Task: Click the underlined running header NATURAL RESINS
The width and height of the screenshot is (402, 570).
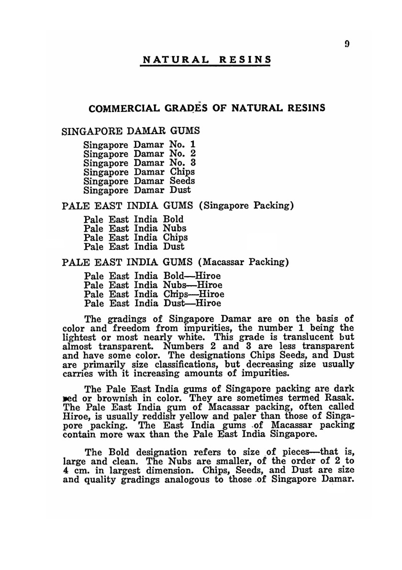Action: (x=207, y=60)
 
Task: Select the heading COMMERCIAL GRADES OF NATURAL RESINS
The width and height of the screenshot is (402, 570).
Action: (x=207, y=108)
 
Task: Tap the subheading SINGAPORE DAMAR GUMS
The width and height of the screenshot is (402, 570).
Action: (x=131, y=131)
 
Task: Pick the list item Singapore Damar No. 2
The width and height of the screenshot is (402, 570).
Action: (x=139, y=153)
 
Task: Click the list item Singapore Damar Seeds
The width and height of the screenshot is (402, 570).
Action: (x=139, y=181)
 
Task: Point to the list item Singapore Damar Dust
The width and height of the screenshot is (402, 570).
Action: (x=137, y=190)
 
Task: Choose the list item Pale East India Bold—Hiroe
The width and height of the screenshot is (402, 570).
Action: (x=152, y=276)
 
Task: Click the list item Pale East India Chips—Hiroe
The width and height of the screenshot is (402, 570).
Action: (x=154, y=294)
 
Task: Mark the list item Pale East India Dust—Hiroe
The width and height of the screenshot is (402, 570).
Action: (x=153, y=303)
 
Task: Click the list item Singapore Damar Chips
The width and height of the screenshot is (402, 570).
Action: (x=139, y=171)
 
